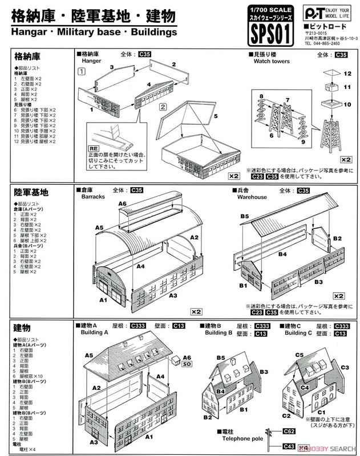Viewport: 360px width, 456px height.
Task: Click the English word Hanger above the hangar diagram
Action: coord(92,60)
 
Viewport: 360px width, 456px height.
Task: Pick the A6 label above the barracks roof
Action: coord(122,204)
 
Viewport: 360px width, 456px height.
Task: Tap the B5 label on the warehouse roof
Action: coord(244,217)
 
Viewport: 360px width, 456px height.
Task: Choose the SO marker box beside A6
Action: coord(187,363)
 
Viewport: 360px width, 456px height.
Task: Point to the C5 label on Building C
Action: coord(299,355)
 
